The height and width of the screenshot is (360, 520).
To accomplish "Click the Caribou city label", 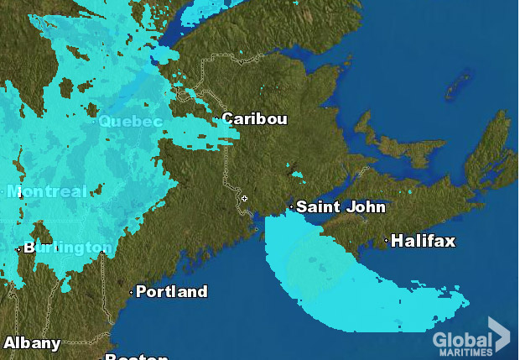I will (x=254, y=119).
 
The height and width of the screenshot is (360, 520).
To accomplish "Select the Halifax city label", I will (x=423, y=241).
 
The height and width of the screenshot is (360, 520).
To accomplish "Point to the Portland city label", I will (x=171, y=292).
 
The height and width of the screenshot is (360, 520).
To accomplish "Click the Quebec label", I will (x=130, y=122).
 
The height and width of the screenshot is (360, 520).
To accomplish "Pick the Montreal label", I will (x=47, y=191).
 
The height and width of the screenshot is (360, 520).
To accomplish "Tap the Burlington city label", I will (x=67, y=248).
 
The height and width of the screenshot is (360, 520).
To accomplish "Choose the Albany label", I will (x=32, y=342).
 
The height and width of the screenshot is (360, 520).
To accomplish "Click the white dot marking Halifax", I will (x=387, y=241).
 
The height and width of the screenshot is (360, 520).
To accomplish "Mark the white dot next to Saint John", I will (x=291, y=206).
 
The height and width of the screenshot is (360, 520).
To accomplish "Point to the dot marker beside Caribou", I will (x=216, y=118).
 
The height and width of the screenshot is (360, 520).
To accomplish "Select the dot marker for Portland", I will (x=131, y=292).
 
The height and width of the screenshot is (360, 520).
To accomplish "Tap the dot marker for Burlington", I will (x=18, y=248).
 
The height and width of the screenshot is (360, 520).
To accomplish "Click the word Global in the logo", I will (x=461, y=340).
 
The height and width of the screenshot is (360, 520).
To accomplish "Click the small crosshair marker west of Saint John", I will (x=244, y=198).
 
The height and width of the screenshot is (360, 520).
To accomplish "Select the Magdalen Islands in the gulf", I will (x=459, y=84).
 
